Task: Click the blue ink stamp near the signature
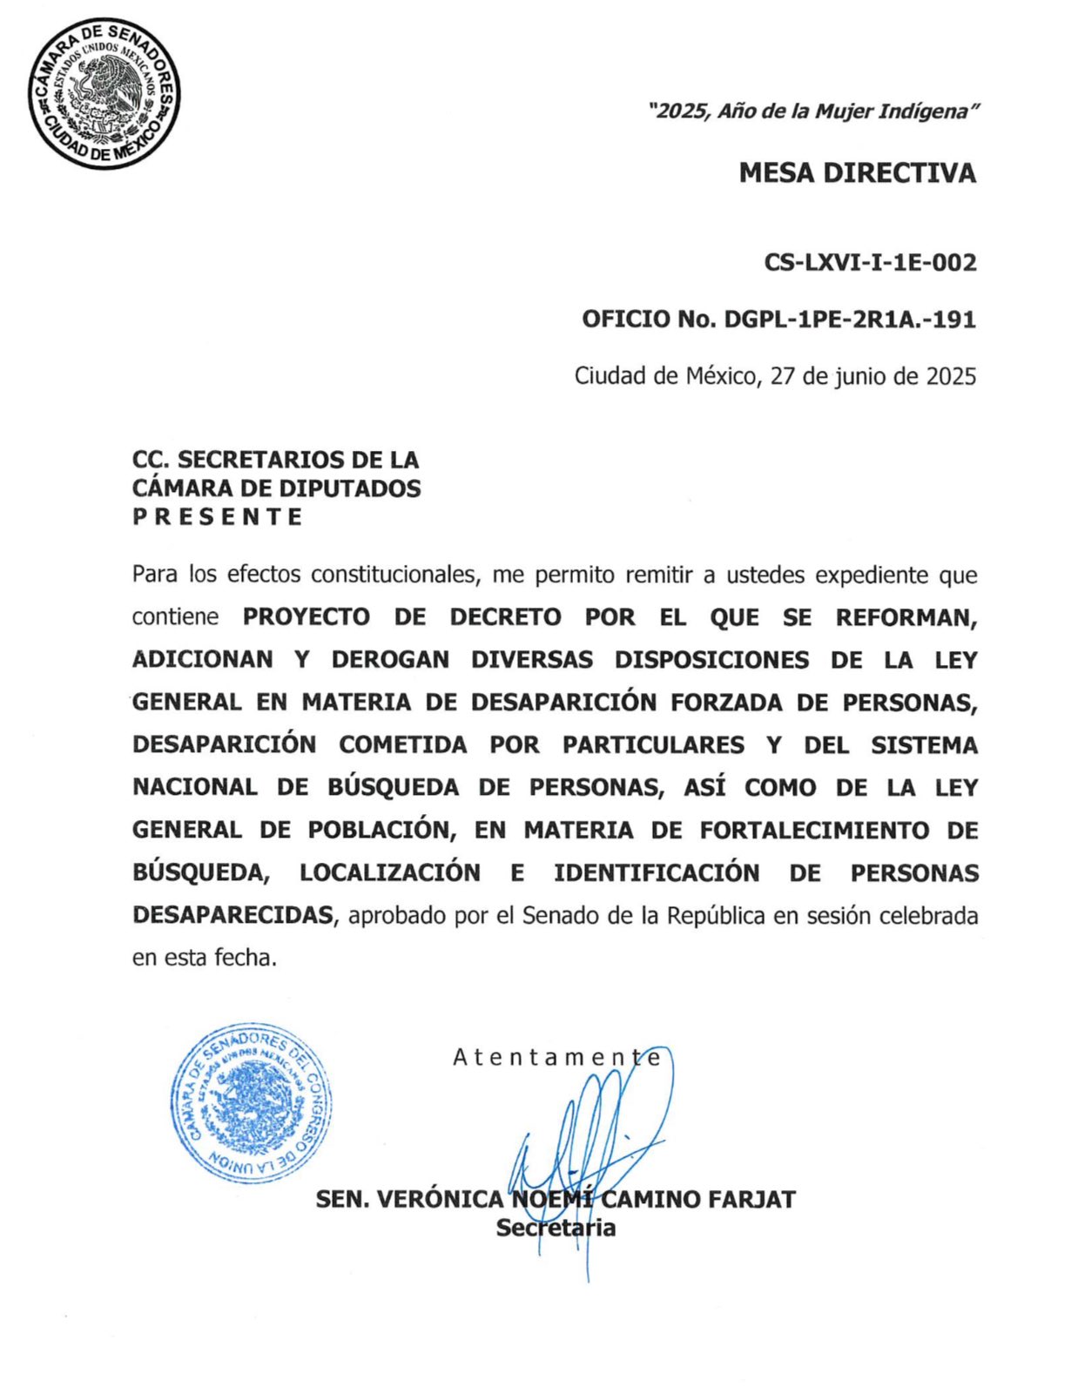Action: tap(251, 1104)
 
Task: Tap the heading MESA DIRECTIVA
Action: tap(857, 173)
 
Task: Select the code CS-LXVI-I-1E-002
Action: tap(870, 262)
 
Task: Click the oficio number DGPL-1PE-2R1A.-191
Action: tap(850, 320)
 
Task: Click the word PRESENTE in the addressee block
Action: tap(218, 516)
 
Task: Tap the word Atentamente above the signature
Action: tap(556, 1057)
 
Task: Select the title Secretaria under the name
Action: tap(556, 1228)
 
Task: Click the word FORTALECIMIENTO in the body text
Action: tap(814, 830)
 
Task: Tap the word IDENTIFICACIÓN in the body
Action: tap(657, 872)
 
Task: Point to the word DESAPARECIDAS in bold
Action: tap(232, 915)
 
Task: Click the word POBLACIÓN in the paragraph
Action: tap(381, 830)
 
